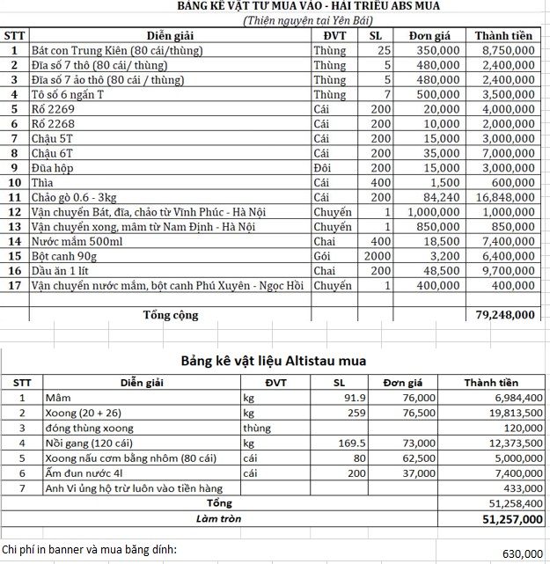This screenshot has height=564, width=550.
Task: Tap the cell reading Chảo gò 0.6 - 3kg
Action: click(x=80, y=197)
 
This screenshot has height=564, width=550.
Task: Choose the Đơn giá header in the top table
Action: click(x=429, y=36)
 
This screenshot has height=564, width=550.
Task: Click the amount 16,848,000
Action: click(x=503, y=197)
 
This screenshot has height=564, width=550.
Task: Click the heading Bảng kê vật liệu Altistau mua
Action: click(x=273, y=361)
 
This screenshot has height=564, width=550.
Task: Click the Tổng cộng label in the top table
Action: click(x=171, y=315)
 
